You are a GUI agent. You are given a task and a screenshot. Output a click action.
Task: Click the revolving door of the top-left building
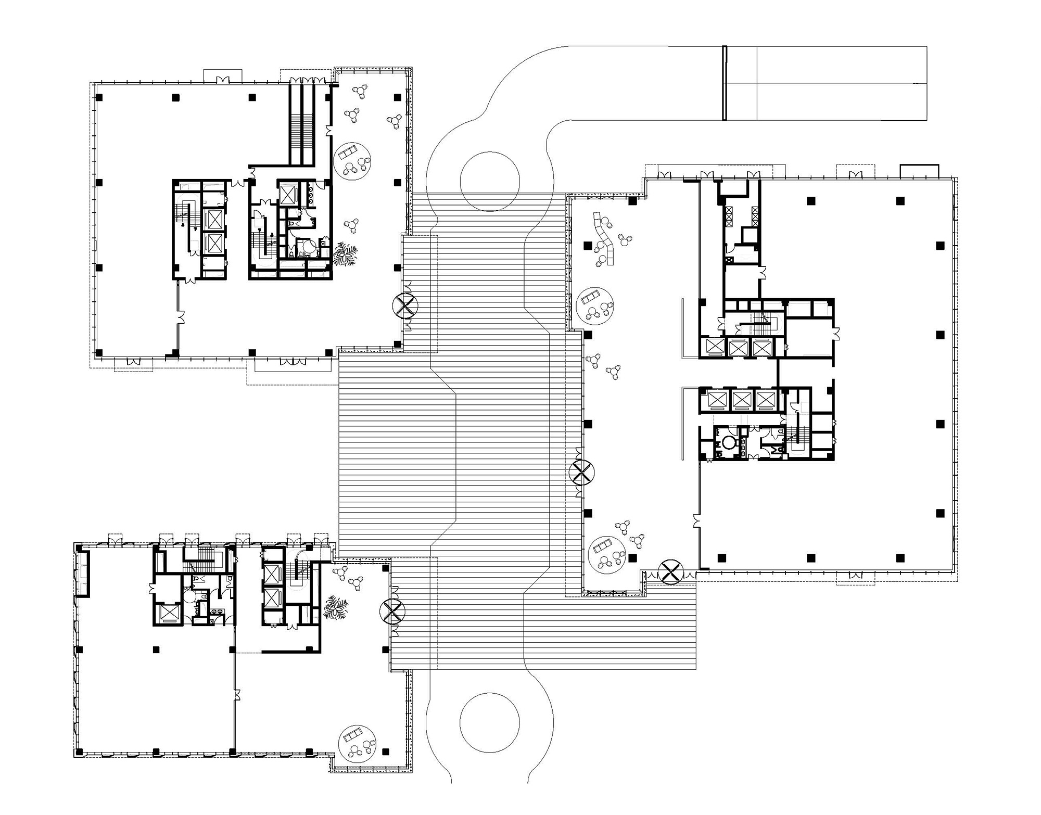pos(403,306)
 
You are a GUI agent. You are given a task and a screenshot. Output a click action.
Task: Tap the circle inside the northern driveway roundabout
pos(489,181)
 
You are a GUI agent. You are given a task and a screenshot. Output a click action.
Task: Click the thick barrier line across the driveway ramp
pos(724,83)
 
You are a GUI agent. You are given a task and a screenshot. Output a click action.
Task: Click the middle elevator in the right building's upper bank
pos(737,347)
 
